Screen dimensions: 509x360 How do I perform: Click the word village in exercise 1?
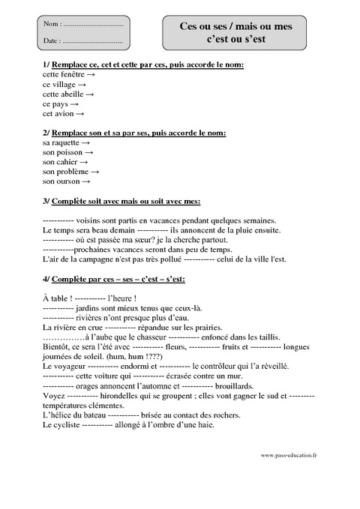pyautogui.click(x=66, y=85)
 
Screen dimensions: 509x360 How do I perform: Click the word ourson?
pyautogui.click(x=67, y=181)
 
